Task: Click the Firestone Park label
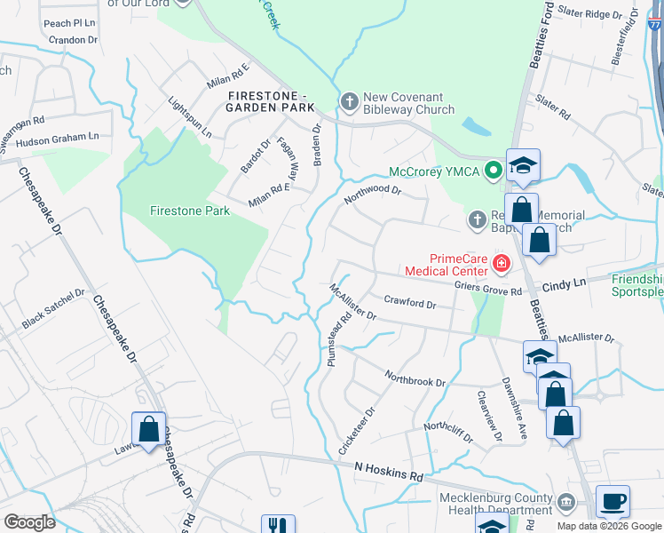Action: [189, 211]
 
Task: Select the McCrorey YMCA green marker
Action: [493, 172]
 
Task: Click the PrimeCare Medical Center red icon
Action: [501, 263]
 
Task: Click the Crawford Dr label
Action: [409, 303]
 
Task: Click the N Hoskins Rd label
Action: [389, 470]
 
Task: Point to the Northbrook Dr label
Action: [415, 377]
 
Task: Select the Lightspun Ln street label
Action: [190, 117]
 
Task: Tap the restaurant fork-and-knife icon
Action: [278, 526]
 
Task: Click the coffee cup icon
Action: [613, 500]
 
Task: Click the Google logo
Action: [29, 521]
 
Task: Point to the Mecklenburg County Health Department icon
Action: [565, 504]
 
